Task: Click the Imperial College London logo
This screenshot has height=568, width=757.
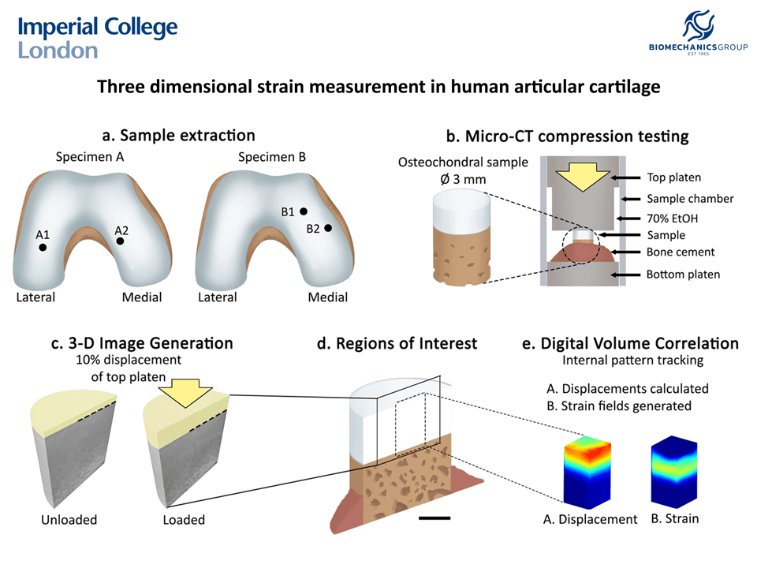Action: tap(98, 37)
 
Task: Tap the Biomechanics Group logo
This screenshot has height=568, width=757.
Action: tap(697, 35)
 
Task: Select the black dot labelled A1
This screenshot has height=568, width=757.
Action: tap(43, 247)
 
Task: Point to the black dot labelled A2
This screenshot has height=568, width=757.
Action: tap(120, 241)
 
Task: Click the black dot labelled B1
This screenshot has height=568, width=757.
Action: tap(303, 211)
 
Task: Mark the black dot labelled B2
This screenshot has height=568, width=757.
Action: tap(327, 228)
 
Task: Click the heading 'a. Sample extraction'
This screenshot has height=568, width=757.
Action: tap(178, 136)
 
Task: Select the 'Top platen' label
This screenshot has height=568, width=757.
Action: tap(673, 177)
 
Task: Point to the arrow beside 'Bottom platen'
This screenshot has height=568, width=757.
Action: tap(622, 275)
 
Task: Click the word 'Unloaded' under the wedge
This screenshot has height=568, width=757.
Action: tap(69, 520)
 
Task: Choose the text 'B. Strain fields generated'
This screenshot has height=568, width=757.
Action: tap(619, 405)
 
